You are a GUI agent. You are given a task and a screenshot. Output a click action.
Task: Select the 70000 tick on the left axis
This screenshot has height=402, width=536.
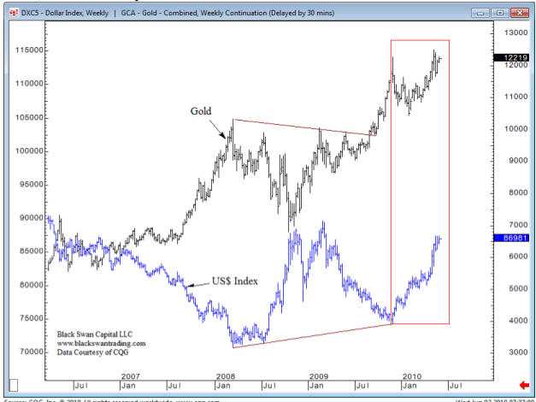(x=29, y=352)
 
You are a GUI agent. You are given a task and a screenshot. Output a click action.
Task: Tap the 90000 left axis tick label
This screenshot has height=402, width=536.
(x=29, y=218)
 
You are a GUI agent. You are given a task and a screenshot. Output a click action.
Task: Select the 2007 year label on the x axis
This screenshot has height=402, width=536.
(x=130, y=376)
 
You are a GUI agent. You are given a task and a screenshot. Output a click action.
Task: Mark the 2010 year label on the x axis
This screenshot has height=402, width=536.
(x=414, y=376)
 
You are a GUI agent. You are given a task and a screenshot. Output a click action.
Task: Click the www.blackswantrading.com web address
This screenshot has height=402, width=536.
(x=102, y=343)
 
